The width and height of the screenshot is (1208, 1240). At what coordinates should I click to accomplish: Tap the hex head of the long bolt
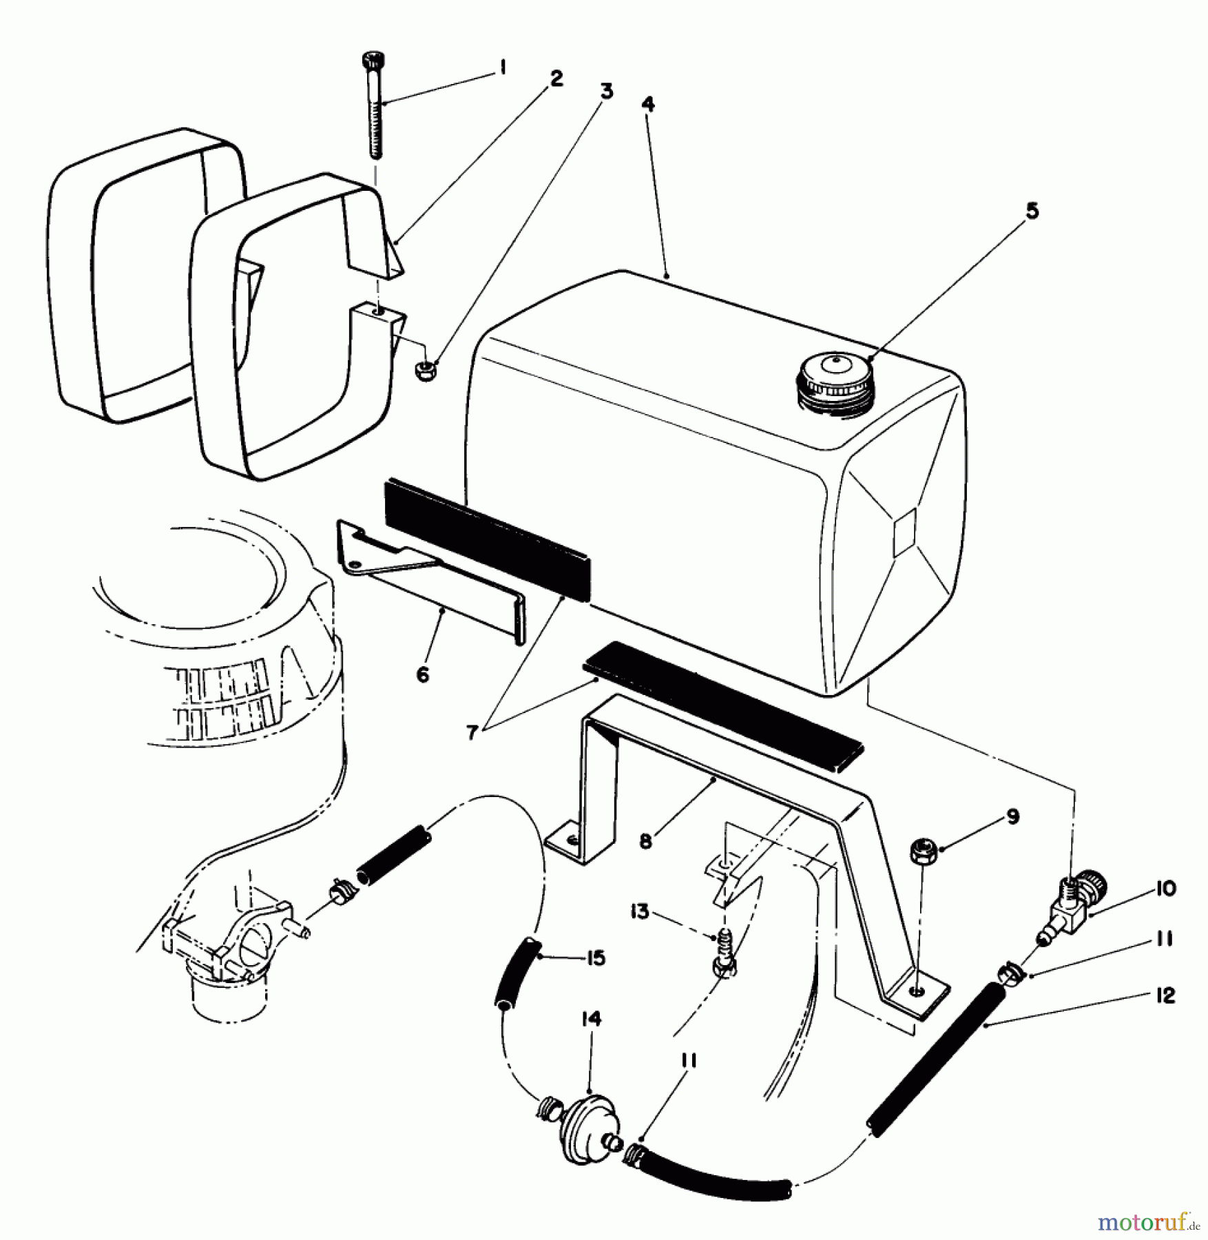[x=371, y=61]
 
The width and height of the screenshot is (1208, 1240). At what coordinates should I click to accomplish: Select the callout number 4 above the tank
[x=647, y=105]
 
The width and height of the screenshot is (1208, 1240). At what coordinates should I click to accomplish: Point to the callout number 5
[x=1031, y=211]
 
